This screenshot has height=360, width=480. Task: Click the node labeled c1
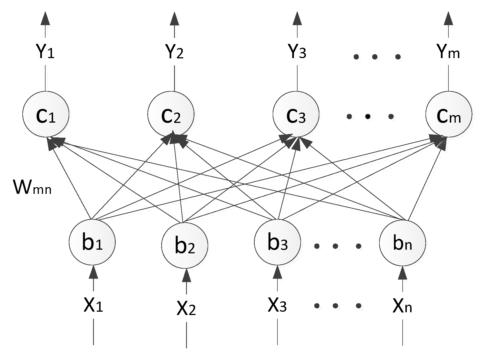tap(46, 114)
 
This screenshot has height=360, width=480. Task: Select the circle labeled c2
tap(171, 114)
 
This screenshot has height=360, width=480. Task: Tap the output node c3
tap(296, 114)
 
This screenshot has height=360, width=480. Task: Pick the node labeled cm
tap(449, 114)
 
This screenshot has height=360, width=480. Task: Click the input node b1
tap(92, 242)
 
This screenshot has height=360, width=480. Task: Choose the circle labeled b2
tap(185, 245)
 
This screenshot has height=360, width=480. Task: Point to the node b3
tap(277, 242)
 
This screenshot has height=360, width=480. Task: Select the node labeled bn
tap(402, 242)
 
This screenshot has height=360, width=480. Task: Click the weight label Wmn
tap(32, 187)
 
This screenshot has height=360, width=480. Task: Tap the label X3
tap(277, 305)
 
